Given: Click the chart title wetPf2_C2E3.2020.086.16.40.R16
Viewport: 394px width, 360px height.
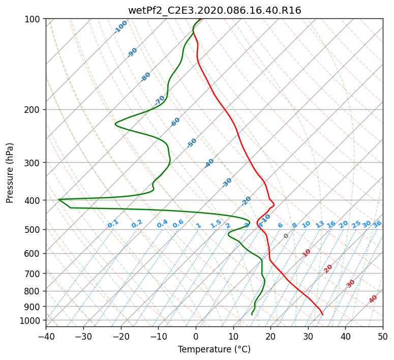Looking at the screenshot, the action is coord(215,11).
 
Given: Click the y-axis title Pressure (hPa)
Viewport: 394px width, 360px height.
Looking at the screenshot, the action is coord(10,173).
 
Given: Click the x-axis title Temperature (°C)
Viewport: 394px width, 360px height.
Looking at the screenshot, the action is coord(215,349).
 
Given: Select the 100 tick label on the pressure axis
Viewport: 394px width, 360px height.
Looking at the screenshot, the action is coord(34,19).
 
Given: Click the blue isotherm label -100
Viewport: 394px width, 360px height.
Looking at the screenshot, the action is coord(120,27).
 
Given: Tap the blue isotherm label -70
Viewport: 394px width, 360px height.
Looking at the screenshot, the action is coord(160,100).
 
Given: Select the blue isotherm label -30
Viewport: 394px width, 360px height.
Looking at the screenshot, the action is coord(227,183).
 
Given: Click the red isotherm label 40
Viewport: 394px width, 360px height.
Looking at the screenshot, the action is coord(373,299).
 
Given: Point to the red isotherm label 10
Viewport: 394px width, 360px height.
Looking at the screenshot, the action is coord(307,253).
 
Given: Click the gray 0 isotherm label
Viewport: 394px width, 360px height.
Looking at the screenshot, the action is coord(286,236).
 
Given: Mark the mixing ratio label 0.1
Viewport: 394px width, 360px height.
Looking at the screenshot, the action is coord(113,224).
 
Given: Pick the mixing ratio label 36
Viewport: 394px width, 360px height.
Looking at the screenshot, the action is coord(377,224).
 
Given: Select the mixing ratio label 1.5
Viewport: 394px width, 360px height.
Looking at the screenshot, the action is coord(216,224).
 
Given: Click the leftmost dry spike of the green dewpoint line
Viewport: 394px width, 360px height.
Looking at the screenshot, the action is coord(59,199).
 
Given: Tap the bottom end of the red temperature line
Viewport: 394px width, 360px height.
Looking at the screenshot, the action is coord(323,315).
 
